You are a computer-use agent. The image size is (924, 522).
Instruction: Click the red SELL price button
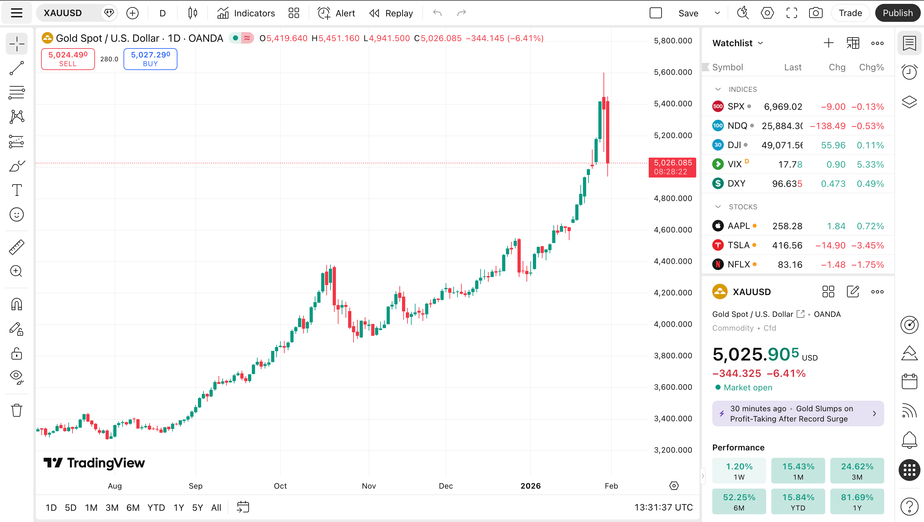pos(68,59)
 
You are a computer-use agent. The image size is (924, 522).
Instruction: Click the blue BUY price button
pos(150,59)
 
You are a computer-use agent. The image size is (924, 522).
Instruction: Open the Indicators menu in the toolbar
pos(246,13)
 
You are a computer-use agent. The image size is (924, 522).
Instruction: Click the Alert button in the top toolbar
pos(337,13)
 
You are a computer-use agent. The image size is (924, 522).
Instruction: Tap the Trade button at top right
pos(850,13)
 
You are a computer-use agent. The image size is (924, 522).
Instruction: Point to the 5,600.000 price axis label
pos(673,72)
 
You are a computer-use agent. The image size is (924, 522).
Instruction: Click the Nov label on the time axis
pos(369,486)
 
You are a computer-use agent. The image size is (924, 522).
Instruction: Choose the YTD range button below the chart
pos(156,508)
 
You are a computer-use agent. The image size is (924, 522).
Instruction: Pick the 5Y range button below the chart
pos(198,508)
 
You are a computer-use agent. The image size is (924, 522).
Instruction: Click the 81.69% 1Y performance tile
pos(857,501)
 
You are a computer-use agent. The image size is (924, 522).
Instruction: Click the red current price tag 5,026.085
pos(672,167)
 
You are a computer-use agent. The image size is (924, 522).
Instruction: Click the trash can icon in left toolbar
pos(16,410)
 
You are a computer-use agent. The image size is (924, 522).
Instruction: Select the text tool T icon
pos(16,190)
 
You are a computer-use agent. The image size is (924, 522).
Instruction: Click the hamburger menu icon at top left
pos(16,13)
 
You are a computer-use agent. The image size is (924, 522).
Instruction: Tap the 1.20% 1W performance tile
pos(739,471)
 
